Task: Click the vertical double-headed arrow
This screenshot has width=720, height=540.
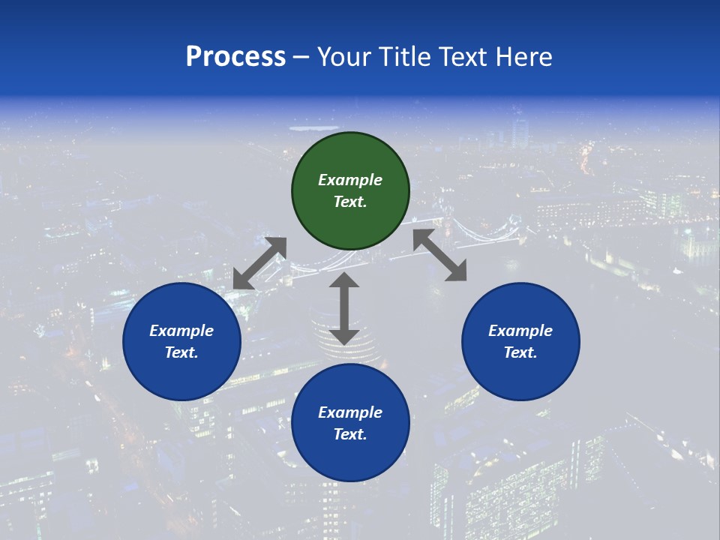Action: click(x=344, y=309)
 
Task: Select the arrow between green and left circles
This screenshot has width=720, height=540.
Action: click(x=259, y=263)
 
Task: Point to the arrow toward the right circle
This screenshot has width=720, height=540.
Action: click(x=440, y=255)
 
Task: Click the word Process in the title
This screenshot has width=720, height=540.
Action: click(x=235, y=57)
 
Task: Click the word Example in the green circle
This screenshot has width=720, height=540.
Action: click(x=350, y=180)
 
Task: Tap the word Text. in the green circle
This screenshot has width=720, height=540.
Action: click(x=350, y=202)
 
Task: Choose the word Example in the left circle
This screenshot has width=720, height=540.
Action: click(x=181, y=331)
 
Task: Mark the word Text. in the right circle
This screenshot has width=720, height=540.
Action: click(x=520, y=352)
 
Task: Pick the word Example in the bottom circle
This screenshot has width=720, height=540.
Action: click(x=350, y=412)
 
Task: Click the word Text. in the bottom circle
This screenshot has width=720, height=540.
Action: click(x=350, y=434)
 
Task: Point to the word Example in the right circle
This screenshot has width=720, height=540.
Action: click(x=520, y=331)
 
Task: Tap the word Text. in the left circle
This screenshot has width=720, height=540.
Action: click(x=181, y=352)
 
